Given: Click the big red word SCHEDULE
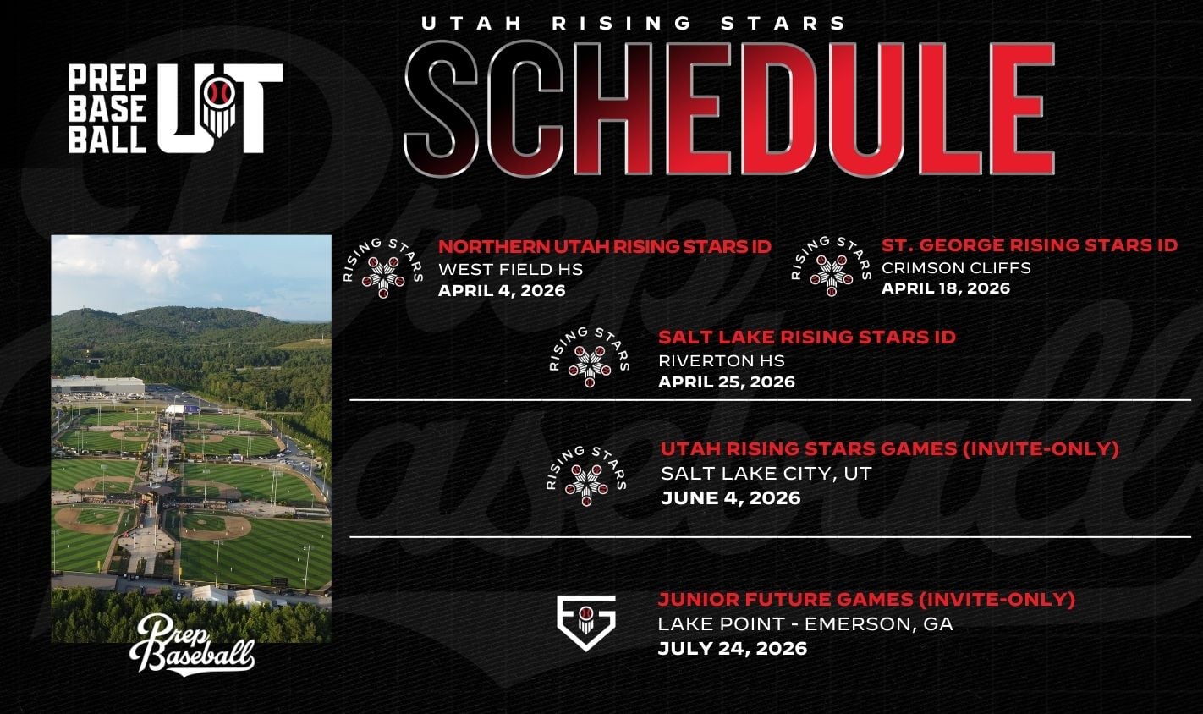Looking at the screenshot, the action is pyautogui.click(x=729, y=108).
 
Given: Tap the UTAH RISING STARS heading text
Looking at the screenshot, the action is pyautogui.click(x=633, y=23).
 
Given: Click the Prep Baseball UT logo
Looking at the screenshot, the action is pyautogui.click(x=176, y=108).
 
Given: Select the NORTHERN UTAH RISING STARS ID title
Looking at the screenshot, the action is pyautogui.click(x=605, y=246).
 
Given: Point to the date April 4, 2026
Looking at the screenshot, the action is pyautogui.click(x=502, y=290).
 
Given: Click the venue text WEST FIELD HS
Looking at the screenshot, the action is pyautogui.click(x=510, y=269).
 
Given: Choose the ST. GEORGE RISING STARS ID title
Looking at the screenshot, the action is pyautogui.click(x=1030, y=244).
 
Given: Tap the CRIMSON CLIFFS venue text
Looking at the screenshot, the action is pyautogui.click(x=956, y=267).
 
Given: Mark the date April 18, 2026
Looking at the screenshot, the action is pyautogui.click(x=946, y=288).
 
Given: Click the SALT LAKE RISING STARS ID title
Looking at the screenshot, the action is pyautogui.click(x=807, y=338).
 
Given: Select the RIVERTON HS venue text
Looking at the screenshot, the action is pyautogui.click(x=722, y=360).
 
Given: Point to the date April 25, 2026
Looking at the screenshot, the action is pyautogui.click(x=727, y=382).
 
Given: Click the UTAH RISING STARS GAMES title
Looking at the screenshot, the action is pyautogui.click(x=889, y=449).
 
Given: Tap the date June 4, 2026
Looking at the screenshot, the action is pyautogui.click(x=730, y=497).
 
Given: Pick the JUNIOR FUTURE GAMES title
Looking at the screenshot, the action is pyautogui.click(x=866, y=599).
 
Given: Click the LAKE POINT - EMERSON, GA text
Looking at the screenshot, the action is pyautogui.click(x=805, y=623).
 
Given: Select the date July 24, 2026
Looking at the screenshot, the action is pyautogui.click(x=733, y=648).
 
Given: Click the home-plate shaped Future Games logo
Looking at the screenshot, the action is pyautogui.click(x=586, y=623).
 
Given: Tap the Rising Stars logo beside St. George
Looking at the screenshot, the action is pyautogui.click(x=831, y=266).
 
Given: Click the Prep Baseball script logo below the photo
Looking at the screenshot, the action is pyautogui.click(x=192, y=645).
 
